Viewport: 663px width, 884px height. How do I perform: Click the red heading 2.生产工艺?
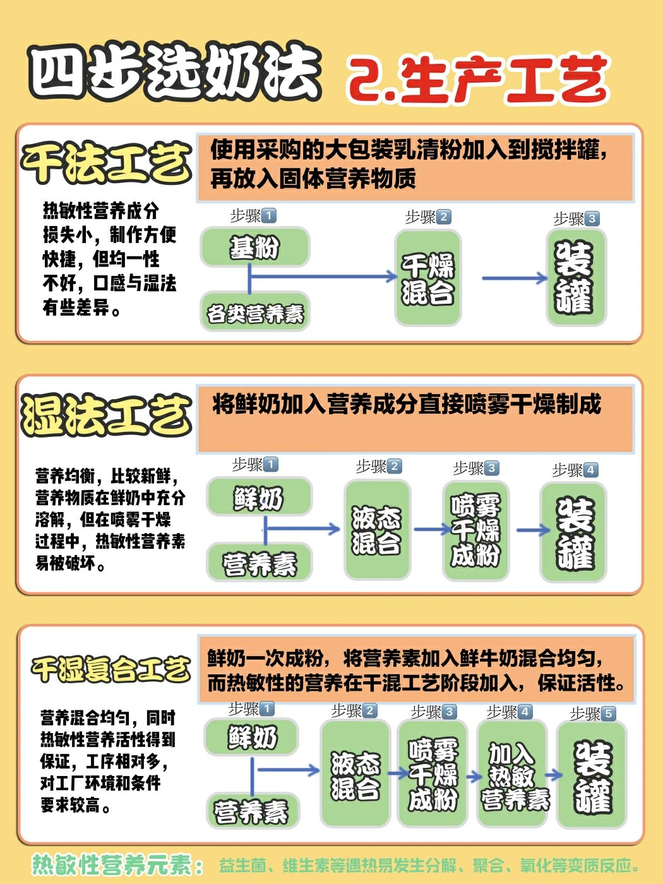click(x=477, y=79)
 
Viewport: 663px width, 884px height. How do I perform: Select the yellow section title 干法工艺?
click(x=106, y=162)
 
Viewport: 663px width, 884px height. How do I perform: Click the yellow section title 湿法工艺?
click(x=106, y=415)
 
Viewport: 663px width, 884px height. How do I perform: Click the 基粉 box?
click(x=254, y=247)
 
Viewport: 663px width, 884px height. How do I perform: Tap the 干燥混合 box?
click(x=427, y=278)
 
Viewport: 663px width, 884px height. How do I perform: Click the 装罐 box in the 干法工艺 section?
click(x=575, y=278)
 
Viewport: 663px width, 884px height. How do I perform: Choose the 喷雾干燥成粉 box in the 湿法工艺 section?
click(x=475, y=530)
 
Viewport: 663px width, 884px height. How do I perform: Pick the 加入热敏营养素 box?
click(x=512, y=775)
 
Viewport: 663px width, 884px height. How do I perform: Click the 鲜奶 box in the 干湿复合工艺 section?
click(x=252, y=737)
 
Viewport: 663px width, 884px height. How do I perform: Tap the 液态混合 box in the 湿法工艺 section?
click(x=377, y=530)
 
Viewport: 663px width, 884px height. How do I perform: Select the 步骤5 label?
click(x=592, y=714)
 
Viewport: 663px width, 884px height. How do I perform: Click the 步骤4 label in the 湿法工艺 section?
click(x=574, y=470)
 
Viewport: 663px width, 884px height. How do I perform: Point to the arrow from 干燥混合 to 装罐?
click(x=514, y=278)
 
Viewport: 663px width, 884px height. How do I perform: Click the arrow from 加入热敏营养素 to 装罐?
click(x=553, y=775)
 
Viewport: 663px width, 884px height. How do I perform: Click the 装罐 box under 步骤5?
click(x=592, y=775)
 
